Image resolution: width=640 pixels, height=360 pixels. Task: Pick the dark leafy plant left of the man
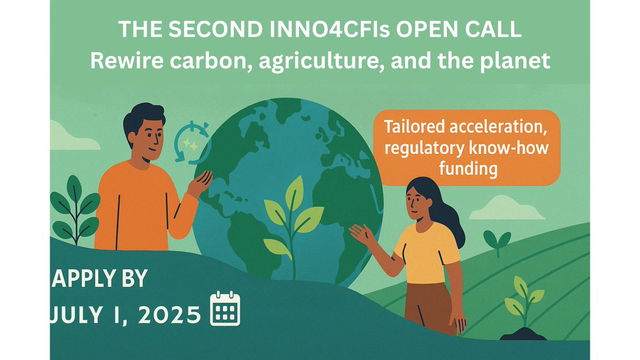coord(75,211)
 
